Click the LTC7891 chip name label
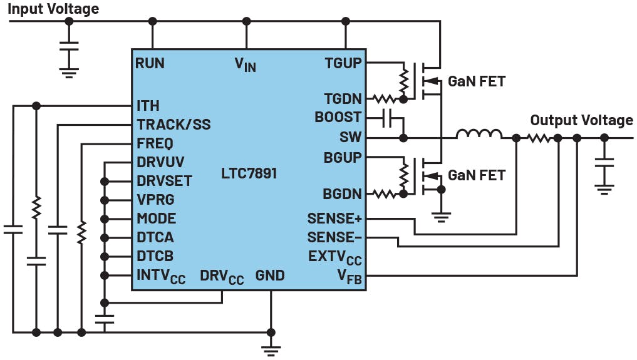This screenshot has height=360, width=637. point(249,173)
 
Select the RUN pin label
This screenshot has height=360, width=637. point(150,63)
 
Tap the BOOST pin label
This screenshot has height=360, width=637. point(338,117)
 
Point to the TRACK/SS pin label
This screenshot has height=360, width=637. point(173,125)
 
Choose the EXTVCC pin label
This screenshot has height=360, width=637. point(335,257)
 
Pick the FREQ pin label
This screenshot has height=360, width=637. point(155,143)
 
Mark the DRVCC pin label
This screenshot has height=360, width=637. point(222,276)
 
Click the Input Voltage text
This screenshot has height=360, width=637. point(53,9)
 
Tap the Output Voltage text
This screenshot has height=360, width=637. point(581,120)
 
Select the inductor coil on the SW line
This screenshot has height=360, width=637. point(479,134)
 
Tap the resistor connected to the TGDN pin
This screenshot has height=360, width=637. point(385,98)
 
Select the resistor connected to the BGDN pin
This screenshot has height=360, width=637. point(385,195)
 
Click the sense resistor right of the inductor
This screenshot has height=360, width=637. point(538,137)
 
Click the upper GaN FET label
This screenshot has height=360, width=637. point(476,81)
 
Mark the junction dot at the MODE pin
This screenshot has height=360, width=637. point(105,219)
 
